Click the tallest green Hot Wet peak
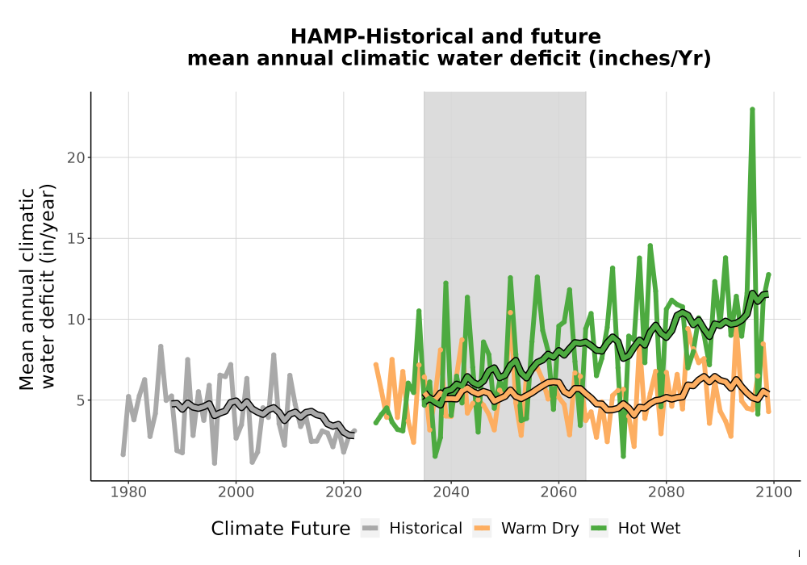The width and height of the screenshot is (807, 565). pyautogui.click(x=752, y=110)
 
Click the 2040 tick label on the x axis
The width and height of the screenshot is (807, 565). pyautogui.click(x=451, y=492)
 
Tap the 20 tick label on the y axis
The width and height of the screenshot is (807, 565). pyautogui.click(x=76, y=157)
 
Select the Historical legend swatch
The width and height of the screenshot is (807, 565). pyautogui.click(x=370, y=529)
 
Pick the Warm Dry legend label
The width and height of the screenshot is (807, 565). pyautogui.click(x=540, y=529)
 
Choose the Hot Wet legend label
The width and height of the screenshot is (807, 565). pyautogui.click(x=649, y=529)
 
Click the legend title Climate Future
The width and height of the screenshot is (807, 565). pyautogui.click(x=281, y=529)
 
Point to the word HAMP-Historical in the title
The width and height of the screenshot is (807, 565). pyautogui.click(x=381, y=36)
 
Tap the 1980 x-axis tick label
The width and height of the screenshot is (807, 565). pyautogui.click(x=128, y=492)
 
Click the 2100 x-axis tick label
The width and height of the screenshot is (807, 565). pyautogui.click(x=774, y=492)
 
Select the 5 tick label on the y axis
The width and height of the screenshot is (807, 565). pyautogui.click(x=81, y=400)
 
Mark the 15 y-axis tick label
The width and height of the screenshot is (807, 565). pyautogui.click(x=76, y=239)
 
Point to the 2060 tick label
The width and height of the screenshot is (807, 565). pyautogui.click(x=558, y=492)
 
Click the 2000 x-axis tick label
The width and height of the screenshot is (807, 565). pyautogui.click(x=236, y=492)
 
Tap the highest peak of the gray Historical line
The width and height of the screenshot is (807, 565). pyautogui.click(x=161, y=347)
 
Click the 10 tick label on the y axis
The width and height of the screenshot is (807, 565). pyautogui.click(x=76, y=320)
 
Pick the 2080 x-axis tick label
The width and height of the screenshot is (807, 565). pyautogui.click(x=666, y=492)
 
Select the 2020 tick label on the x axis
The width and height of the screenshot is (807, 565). pyautogui.click(x=343, y=492)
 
